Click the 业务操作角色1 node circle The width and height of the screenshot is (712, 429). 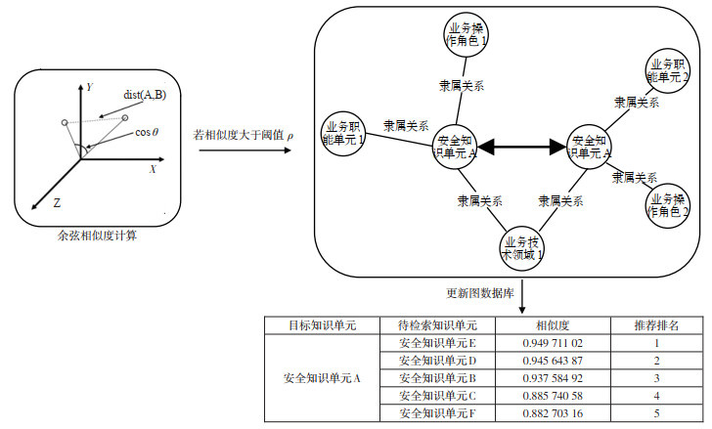tap(466, 36)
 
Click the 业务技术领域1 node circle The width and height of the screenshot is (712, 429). tap(522, 246)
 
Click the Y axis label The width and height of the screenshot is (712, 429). tap(89, 87)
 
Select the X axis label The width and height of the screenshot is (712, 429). tap(153, 169)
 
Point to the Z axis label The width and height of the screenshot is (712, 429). tap(57, 204)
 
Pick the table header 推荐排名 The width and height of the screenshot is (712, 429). tap(657, 324)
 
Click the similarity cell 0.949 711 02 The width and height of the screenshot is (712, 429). tap(553, 343)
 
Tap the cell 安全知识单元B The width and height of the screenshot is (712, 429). tap(437, 378)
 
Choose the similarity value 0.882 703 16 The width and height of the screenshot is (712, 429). tap(553, 412)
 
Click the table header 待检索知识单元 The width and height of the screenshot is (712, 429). tap(437, 324)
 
